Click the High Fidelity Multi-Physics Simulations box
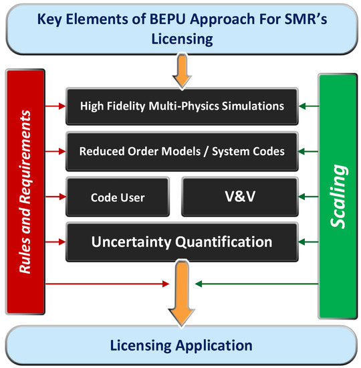tap(182, 105)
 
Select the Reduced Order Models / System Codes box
tap(182, 151)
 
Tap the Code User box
tap(118, 198)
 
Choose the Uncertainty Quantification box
tap(182, 241)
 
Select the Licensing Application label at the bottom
tap(180, 345)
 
